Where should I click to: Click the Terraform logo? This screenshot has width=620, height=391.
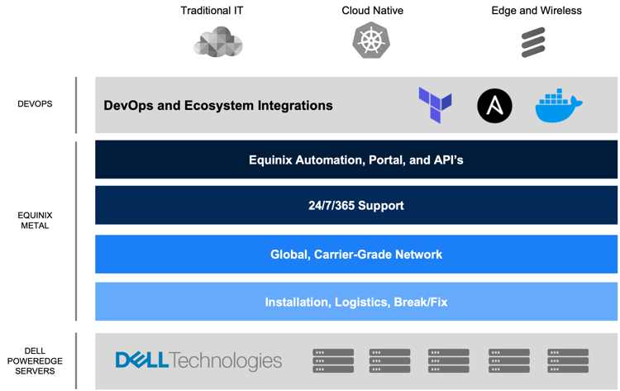click(435, 105)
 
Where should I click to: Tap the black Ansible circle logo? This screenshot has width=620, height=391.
click(494, 106)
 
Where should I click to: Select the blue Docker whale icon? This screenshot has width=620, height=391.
click(558, 105)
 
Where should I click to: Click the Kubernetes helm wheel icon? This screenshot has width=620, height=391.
click(371, 40)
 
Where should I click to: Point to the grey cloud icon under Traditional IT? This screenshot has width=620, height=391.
click(218, 42)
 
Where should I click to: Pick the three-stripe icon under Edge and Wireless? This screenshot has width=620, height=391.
click(533, 42)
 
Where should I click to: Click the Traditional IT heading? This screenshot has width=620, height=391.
click(212, 11)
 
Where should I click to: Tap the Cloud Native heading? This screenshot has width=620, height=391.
click(373, 11)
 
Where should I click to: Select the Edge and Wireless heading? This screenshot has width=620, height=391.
click(537, 11)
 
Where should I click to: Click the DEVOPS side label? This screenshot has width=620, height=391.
click(35, 104)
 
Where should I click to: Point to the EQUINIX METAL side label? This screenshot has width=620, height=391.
click(35, 220)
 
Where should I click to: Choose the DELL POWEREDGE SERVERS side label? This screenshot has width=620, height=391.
click(35, 361)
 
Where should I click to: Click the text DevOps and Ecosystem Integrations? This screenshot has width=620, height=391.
click(218, 106)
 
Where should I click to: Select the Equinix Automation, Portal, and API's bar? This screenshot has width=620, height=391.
click(356, 160)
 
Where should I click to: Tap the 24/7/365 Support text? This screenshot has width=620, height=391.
click(356, 206)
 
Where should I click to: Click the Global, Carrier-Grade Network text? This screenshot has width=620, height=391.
click(356, 255)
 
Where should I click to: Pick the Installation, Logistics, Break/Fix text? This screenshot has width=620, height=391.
click(356, 302)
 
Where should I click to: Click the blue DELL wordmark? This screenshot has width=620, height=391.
click(142, 360)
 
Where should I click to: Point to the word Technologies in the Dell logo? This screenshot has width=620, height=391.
click(227, 361)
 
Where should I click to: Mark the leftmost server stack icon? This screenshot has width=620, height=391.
click(333, 360)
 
